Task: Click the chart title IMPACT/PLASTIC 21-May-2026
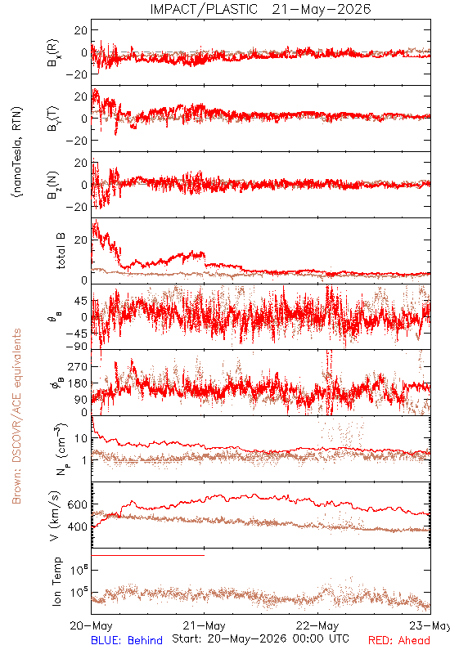[x=260, y=9]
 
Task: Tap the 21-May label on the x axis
[x=204, y=626]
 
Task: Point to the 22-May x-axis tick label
[x=317, y=626]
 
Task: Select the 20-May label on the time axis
[x=91, y=626]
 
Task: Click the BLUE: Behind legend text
[x=127, y=640]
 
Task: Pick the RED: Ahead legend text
[x=399, y=640]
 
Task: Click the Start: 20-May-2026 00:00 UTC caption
[x=260, y=638]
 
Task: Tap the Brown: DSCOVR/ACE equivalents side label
[x=16, y=416]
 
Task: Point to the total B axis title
[x=61, y=251]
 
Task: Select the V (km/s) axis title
[x=55, y=516]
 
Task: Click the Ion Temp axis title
[x=56, y=581]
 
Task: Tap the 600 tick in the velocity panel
[x=77, y=504]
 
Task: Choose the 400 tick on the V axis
[x=77, y=527]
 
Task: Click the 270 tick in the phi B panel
[x=78, y=366]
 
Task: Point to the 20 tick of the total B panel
[x=81, y=240]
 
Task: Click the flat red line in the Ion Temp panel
[x=148, y=556]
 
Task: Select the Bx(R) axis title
[x=53, y=52]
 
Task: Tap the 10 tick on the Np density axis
[x=81, y=438]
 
